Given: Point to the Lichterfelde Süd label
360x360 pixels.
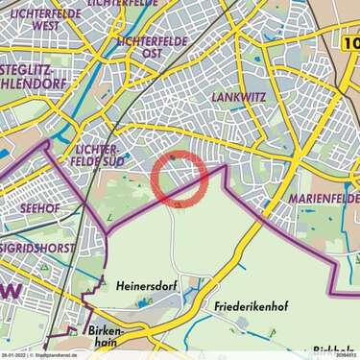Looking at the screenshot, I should click(x=96, y=156).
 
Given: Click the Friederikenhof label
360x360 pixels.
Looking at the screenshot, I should click(x=249, y=309).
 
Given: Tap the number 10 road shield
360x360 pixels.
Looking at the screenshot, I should click(x=349, y=42).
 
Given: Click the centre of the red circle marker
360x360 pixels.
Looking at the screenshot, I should click(x=180, y=178).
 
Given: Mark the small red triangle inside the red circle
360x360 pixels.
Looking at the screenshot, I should click(x=179, y=203).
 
